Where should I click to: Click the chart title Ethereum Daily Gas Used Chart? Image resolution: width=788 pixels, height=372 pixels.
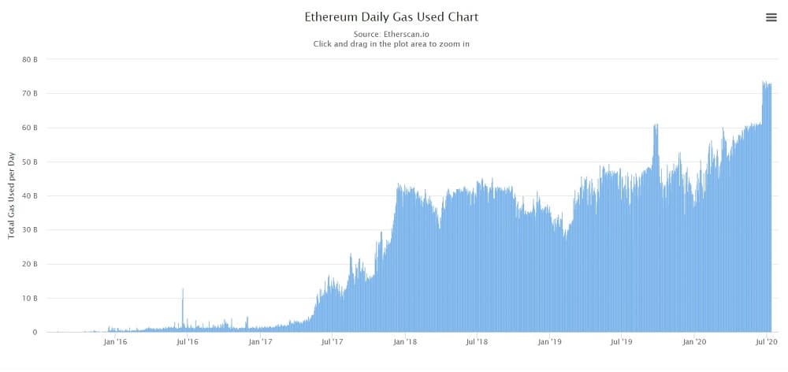(391, 17)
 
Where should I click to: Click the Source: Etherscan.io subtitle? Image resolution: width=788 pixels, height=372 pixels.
(391, 34)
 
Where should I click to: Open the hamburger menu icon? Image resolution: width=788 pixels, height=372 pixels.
(771, 17)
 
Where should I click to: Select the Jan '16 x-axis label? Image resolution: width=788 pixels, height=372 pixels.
(115, 342)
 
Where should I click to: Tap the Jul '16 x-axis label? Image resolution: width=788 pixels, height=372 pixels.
(188, 342)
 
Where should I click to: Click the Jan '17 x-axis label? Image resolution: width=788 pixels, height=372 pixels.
(260, 342)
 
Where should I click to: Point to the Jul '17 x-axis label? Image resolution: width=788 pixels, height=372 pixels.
(332, 342)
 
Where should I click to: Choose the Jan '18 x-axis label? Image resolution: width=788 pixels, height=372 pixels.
(405, 342)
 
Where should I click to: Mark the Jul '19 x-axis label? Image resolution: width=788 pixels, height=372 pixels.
(622, 342)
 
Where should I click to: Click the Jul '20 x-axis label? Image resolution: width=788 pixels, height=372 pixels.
(767, 342)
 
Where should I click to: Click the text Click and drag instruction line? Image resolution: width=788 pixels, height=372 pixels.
(391, 44)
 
